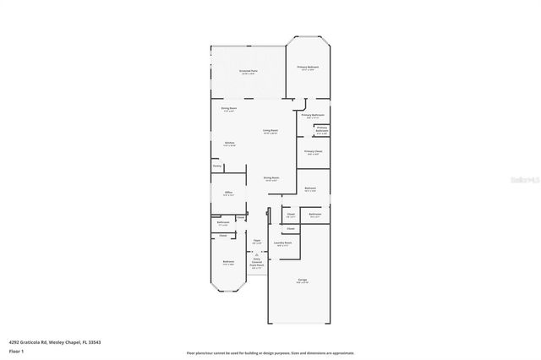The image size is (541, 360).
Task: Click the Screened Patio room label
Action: tap(248, 71)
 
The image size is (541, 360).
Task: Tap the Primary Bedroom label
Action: tap(307, 67)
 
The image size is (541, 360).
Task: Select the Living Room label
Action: tap(270, 131)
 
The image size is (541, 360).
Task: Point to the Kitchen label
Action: tap(229, 143)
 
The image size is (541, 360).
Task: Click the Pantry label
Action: tap(217, 166)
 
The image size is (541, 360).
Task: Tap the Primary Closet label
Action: tap(314, 152)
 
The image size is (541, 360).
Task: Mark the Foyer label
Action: tap(257, 241)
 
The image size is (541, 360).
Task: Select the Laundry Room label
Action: tap(283, 243)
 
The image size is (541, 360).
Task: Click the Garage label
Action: tap(302, 281)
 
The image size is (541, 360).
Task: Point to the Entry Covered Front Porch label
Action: tap(256, 264)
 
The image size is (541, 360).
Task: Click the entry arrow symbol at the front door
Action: tap(256, 275)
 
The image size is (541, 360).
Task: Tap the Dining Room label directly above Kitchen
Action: tap(228, 108)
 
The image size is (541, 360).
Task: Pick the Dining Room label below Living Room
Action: tap(270, 177)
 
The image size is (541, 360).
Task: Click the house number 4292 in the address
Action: tap(14, 342)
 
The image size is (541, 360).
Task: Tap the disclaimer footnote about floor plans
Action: tap(270, 352)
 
